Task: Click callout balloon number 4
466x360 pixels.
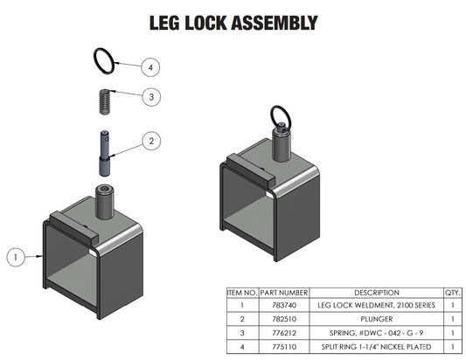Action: tap(151, 67)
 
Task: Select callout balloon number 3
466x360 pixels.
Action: tap(151, 97)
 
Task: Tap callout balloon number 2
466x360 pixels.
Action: tap(151, 140)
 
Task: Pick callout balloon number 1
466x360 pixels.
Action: tap(15, 257)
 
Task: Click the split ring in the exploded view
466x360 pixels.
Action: tap(104, 61)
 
